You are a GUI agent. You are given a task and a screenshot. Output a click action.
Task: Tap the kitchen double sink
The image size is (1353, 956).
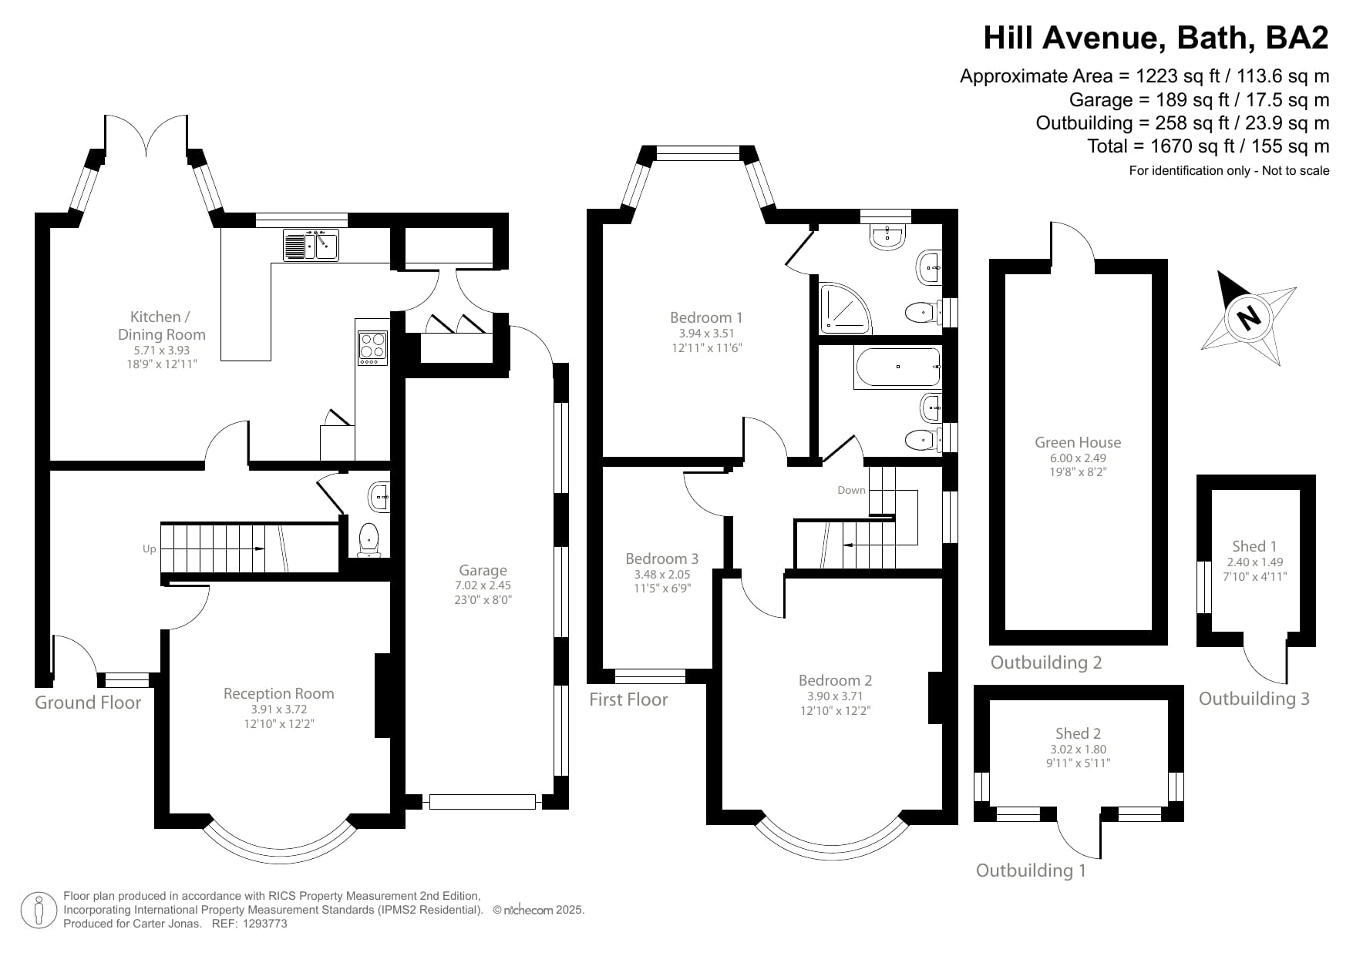tap(311, 245)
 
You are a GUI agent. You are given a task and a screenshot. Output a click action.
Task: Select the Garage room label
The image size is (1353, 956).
tap(483, 570)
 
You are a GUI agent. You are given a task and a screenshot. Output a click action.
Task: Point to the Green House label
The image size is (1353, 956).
tap(1077, 442)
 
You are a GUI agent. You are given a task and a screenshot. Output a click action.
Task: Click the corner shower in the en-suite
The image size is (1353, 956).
tap(843, 308)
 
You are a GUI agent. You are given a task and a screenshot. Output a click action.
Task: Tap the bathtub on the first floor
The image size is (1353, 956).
tap(897, 367)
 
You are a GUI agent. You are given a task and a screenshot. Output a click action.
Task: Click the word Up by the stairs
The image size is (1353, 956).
tap(150, 548)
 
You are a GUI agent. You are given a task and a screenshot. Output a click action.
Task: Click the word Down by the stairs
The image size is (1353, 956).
tap(851, 490)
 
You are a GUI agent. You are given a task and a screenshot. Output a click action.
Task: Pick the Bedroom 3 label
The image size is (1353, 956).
tap(661, 559)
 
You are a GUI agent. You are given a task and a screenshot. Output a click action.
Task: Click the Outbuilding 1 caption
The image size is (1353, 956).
tap(1031, 870)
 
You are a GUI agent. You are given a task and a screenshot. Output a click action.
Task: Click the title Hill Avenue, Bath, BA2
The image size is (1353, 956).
tap(1156, 37)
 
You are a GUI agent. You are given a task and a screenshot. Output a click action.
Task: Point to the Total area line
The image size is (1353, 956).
tap(1207, 146)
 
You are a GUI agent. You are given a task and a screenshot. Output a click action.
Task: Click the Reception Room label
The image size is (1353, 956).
tap(278, 693)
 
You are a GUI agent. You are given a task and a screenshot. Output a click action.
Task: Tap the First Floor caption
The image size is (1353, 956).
tap(628, 699)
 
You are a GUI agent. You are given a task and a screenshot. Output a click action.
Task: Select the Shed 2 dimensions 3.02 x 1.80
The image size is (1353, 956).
tap(1077, 749)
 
